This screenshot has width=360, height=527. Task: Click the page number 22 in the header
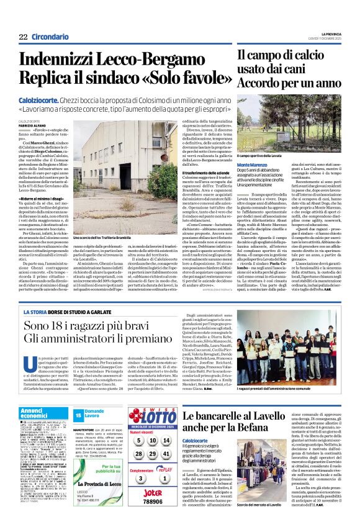pos(23,37)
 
